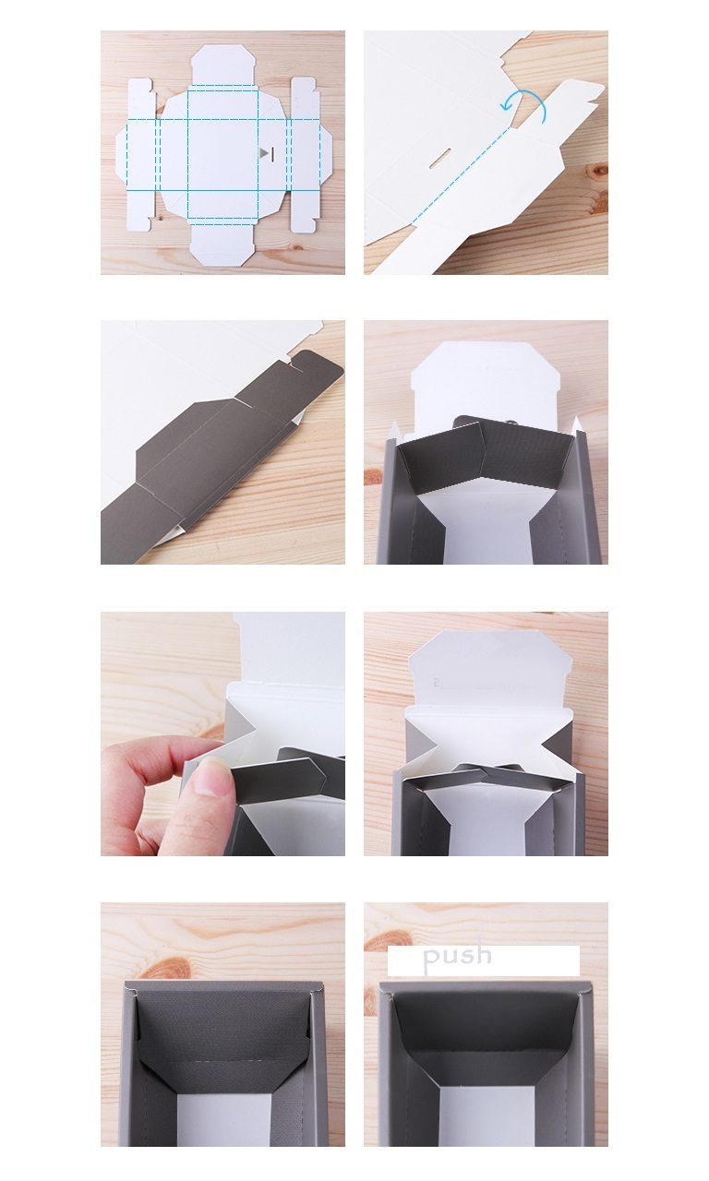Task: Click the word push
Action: tap(457, 955)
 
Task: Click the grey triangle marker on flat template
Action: tap(264, 153)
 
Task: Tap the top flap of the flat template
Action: tap(223, 65)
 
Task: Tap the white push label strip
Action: tap(483, 960)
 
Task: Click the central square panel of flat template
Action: tap(222, 154)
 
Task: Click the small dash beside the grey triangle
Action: tap(272, 154)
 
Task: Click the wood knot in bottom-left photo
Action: tap(168, 969)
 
